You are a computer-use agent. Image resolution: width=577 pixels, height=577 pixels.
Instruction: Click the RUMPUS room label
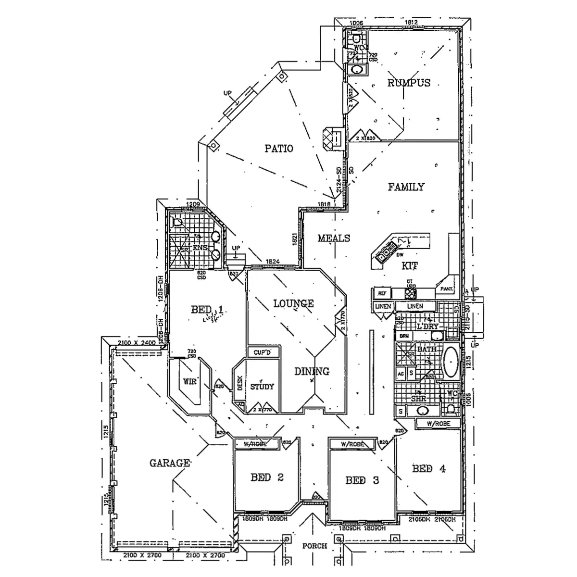[409, 83]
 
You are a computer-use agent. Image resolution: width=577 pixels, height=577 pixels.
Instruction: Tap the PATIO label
[279, 148]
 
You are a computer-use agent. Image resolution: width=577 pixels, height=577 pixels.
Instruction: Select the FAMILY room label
[406, 187]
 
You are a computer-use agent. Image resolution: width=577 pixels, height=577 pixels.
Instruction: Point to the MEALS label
[334, 238]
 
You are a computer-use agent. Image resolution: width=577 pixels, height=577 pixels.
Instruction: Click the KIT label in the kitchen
[410, 265]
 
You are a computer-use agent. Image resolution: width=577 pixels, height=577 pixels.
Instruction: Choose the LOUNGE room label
[293, 303]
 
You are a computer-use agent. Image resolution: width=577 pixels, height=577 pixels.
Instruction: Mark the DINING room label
[312, 371]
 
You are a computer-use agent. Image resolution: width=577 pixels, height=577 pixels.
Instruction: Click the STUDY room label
[262, 386]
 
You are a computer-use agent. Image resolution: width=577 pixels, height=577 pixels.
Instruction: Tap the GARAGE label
[170, 463]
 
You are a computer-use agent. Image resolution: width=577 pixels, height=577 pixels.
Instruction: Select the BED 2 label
[267, 477]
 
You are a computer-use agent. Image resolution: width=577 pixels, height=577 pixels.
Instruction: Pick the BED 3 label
[362, 480]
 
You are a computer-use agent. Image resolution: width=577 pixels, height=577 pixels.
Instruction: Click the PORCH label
[315, 546]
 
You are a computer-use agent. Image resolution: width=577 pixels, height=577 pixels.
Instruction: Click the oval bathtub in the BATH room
[451, 362]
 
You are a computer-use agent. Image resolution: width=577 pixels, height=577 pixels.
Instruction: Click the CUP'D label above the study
[263, 352]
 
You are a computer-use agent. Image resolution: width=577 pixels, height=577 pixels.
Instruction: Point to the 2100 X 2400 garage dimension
[137, 342]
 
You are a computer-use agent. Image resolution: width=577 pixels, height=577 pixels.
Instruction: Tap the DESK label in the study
[240, 383]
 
